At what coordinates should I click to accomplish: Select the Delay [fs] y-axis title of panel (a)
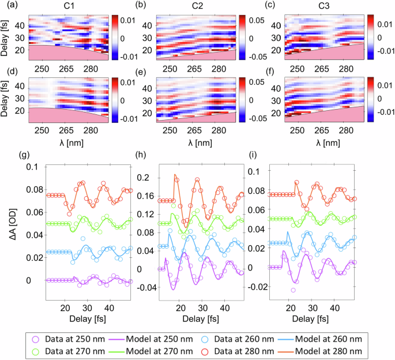6,36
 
